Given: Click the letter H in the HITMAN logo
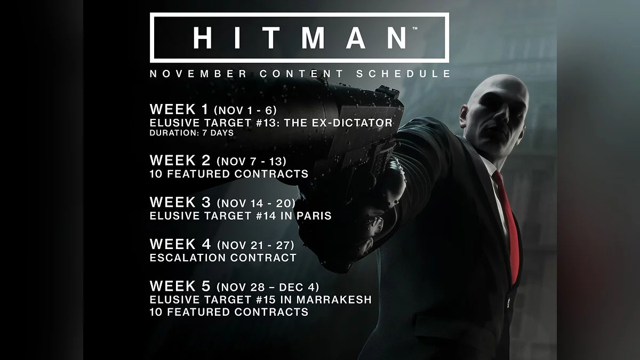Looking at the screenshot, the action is click(203, 38).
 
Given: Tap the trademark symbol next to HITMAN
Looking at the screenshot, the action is click(415, 28).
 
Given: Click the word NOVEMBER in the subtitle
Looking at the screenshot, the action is click(198, 74).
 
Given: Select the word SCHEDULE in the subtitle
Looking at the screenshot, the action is click(403, 74).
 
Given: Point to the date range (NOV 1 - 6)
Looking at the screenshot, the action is click(245, 110).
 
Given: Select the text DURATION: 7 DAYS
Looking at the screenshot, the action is click(191, 133).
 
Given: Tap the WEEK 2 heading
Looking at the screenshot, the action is click(180, 161).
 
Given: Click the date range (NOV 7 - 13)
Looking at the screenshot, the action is click(251, 162).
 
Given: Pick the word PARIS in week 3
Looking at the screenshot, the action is click(314, 215).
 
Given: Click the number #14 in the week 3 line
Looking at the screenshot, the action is click(266, 215).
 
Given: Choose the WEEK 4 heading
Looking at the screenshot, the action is click(180, 244).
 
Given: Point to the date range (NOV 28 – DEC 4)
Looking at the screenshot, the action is click(268, 287).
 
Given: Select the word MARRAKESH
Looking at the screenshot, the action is click(334, 300).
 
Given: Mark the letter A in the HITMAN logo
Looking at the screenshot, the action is click(355, 38).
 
